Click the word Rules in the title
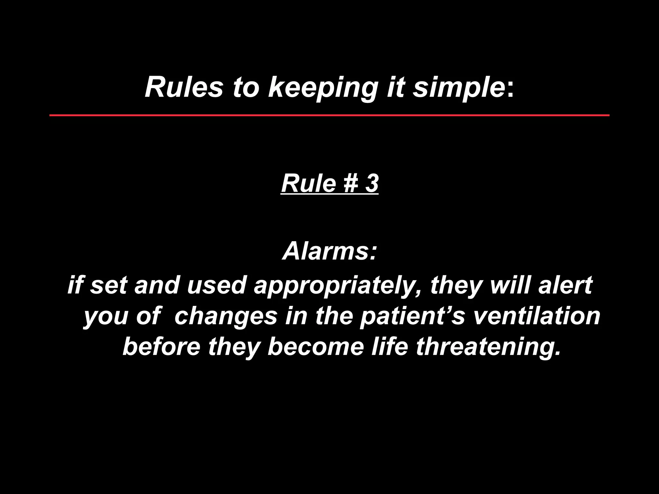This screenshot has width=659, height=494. pos(184,87)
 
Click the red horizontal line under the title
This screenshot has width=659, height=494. pos(329,115)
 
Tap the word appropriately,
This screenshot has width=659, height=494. pos(338,286)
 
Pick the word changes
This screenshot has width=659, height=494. pos(226,316)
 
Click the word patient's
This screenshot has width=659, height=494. pos(412,316)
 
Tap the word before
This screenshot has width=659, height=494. pos(161,346)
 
